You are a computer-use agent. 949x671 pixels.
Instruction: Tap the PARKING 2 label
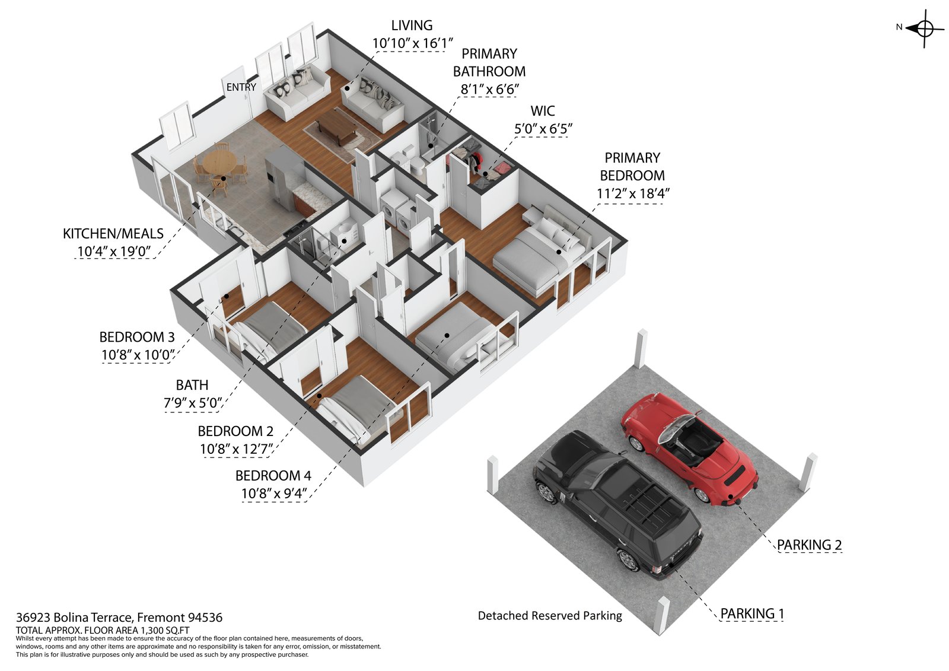pos(809,545)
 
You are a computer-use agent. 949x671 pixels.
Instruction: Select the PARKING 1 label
pos(752,613)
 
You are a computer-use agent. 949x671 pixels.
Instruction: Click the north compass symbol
pos(925,27)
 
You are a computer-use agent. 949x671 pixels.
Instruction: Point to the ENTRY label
pos(241,87)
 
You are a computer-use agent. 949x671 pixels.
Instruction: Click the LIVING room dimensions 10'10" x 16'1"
pos(412,43)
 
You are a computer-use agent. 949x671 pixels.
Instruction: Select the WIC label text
pos(543,111)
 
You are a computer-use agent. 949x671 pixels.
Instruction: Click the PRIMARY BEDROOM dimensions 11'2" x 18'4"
pos(632,193)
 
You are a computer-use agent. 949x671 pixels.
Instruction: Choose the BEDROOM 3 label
pos(137,337)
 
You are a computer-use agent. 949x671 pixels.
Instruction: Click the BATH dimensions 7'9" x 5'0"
pos(192,403)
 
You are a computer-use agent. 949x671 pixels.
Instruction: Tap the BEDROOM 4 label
pos(273,475)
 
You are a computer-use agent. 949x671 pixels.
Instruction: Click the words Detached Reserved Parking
pos(550,616)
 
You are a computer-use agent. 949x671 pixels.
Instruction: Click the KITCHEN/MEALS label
pos(113,234)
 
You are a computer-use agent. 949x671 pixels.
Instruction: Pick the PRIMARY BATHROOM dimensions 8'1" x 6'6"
pos(489,90)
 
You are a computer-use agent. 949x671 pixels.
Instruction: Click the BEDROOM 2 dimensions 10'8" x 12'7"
pos(235,449)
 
